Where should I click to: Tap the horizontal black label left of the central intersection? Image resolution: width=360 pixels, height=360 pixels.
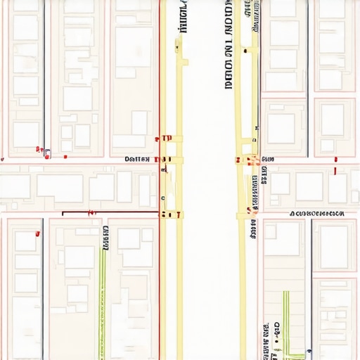[137, 160]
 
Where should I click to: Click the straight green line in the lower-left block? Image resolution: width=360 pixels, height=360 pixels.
[104, 302]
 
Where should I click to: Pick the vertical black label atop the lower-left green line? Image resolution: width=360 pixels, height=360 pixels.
[105, 238]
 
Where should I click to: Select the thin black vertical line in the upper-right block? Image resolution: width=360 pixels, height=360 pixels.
[307, 77]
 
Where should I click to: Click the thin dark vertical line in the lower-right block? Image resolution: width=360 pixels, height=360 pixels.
[311, 281]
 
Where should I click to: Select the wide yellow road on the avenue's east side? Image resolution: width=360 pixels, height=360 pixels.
[241, 295]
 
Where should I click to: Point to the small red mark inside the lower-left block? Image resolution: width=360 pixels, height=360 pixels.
[91, 211]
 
